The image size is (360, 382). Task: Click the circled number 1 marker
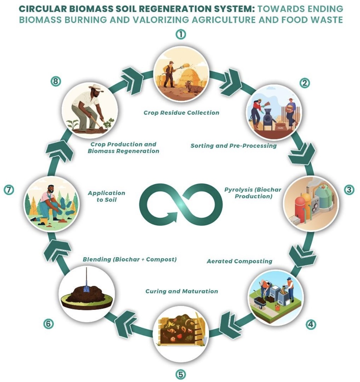point(181,34)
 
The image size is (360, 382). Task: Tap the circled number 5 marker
point(180,374)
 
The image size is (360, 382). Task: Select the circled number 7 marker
point(9,190)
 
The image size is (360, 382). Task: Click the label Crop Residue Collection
point(181,113)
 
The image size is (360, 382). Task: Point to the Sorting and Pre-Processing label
point(233,146)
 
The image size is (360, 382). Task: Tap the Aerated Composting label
point(239,261)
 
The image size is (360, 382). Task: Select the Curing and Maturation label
point(182,291)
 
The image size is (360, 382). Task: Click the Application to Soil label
point(107,196)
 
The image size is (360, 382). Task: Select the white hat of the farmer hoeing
point(96,88)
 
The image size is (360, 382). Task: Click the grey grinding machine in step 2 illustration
point(269,118)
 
